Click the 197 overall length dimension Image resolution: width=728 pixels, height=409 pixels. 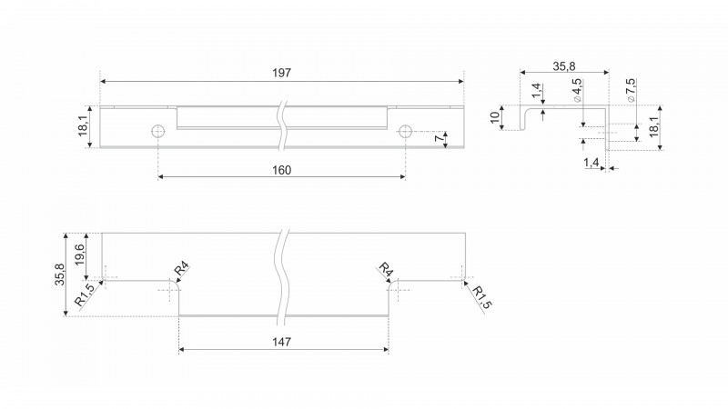[x=281, y=73]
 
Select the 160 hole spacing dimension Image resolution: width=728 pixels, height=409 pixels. [x=281, y=170]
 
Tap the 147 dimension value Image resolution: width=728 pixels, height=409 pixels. [x=281, y=342]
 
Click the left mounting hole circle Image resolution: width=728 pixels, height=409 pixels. [x=158, y=131]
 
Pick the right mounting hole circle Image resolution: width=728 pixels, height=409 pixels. [x=405, y=131]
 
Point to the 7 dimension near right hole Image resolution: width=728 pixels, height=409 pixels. [x=438, y=138]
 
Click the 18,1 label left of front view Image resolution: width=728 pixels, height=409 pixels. [x=83, y=126]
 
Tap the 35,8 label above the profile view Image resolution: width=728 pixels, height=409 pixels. [x=564, y=66]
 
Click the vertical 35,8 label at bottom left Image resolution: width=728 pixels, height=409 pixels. [x=60, y=274]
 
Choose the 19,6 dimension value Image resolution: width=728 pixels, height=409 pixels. [x=79, y=254]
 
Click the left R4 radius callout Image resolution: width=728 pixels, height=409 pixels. [x=181, y=268]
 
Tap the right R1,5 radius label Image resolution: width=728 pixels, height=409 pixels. [x=482, y=297]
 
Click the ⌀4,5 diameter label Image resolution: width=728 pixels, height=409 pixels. [x=577, y=90]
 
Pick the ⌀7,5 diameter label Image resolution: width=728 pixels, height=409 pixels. [x=631, y=90]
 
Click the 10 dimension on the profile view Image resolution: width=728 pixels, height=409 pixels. [x=496, y=117]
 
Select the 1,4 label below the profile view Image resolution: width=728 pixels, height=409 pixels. [x=591, y=163]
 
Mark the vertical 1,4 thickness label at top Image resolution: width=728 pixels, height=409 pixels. [x=536, y=91]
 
